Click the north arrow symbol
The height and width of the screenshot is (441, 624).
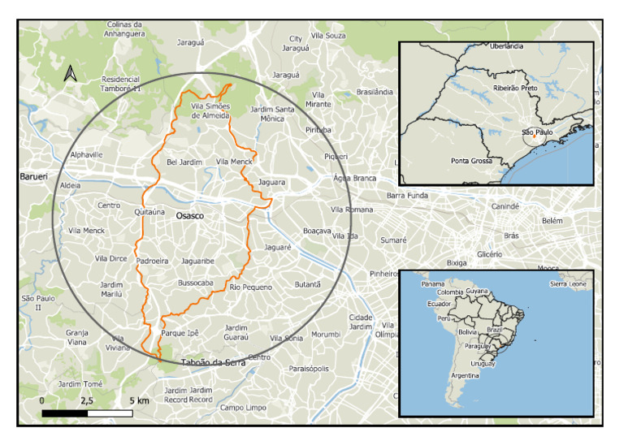coord(71,74)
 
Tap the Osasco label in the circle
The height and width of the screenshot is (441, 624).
coord(189,216)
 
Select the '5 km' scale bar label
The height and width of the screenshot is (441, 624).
coord(138,401)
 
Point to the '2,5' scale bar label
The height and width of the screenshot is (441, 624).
coord(87,401)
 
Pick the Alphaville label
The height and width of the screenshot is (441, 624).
coord(87,154)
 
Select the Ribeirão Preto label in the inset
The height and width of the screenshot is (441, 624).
coord(515,87)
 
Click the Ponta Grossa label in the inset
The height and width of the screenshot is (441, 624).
coord(471,161)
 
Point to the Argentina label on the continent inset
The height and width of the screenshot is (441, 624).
coord(464,376)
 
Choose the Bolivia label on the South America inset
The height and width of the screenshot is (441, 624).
coord(467,331)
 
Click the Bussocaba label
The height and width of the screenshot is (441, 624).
coord(195,283)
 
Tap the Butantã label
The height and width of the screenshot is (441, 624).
coord(307,284)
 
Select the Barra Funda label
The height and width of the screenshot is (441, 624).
coord(406,196)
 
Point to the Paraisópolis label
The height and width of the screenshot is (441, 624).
coord(309,368)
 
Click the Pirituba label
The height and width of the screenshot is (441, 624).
coord(318,130)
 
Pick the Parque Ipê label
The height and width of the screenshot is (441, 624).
coord(180,333)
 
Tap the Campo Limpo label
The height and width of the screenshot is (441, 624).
coord(243,407)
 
